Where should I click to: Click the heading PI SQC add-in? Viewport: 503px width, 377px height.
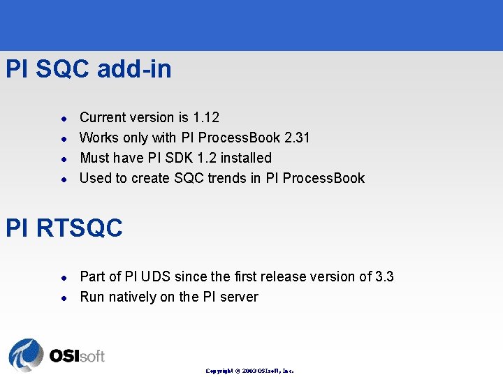point(88,69)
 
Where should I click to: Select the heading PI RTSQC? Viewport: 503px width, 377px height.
point(64,228)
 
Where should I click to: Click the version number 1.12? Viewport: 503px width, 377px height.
point(206,117)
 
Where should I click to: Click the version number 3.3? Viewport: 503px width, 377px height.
point(384,276)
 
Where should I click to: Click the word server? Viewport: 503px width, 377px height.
point(238,297)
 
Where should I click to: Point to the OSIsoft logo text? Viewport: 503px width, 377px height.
point(77,356)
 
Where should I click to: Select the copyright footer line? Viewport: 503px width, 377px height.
point(249,371)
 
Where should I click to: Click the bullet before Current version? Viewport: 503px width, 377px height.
point(62,118)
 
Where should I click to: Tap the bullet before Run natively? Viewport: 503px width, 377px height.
point(62,297)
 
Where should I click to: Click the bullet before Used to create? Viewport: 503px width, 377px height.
point(62,179)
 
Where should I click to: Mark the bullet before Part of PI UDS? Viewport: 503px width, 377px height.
point(62,277)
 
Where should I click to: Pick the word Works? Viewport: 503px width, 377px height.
point(99,138)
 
